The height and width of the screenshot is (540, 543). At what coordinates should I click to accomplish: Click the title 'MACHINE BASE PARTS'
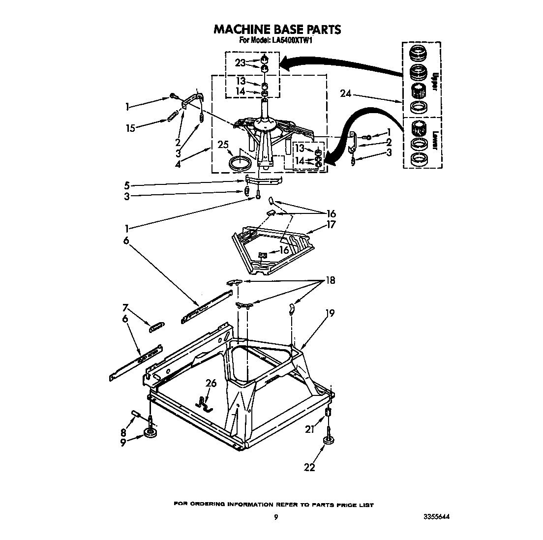pos(277,30)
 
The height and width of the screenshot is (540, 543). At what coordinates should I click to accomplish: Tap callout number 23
pos(240,63)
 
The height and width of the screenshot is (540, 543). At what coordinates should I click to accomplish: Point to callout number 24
pos(346,93)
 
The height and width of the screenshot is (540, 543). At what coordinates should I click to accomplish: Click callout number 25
pos(223,145)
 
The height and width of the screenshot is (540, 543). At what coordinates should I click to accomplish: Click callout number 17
pos(331,225)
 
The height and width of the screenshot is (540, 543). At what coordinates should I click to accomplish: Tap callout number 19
pos(330,312)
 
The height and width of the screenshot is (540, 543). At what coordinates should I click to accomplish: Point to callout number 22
pos(309,467)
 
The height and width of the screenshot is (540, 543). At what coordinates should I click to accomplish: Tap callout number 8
pos(123,432)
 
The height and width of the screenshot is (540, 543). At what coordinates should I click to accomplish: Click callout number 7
pos(125,308)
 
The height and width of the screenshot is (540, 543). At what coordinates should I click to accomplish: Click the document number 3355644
pos(436,517)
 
